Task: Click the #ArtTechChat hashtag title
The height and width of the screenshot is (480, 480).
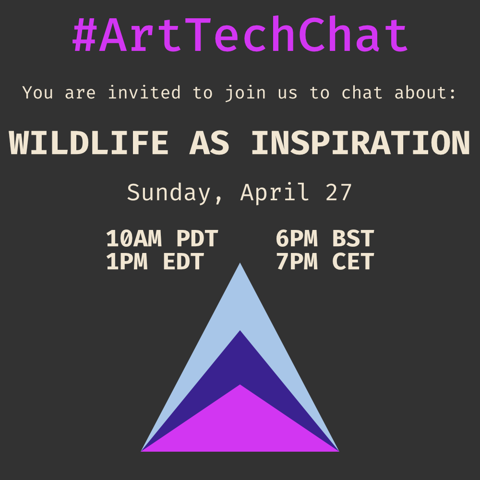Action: [x=240, y=36]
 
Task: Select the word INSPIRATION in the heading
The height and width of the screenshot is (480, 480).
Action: [x=360, y=143]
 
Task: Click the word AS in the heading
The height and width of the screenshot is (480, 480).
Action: [x=209, y=143]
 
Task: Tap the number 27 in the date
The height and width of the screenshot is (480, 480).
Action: [x=338, y=192]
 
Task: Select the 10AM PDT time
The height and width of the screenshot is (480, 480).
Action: [x=162, y=239]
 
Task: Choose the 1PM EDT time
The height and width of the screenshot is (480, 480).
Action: [x=155, y=262]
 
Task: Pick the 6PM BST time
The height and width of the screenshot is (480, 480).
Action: [x=325, y=239]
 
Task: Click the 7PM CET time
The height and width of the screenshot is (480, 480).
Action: [x=325, y=262]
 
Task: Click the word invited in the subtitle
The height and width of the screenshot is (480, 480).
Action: [x=144, y=92]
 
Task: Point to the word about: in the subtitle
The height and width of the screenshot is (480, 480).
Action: [x=425, y=92]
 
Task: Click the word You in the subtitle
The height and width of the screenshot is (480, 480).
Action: [x=38, y=92]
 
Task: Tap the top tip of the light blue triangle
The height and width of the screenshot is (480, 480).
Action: [x=240, y=264]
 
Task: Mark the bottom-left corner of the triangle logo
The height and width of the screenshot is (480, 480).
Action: [x=142, y=451]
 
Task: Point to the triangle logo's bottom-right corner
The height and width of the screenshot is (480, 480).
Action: [x=338, y=451]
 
